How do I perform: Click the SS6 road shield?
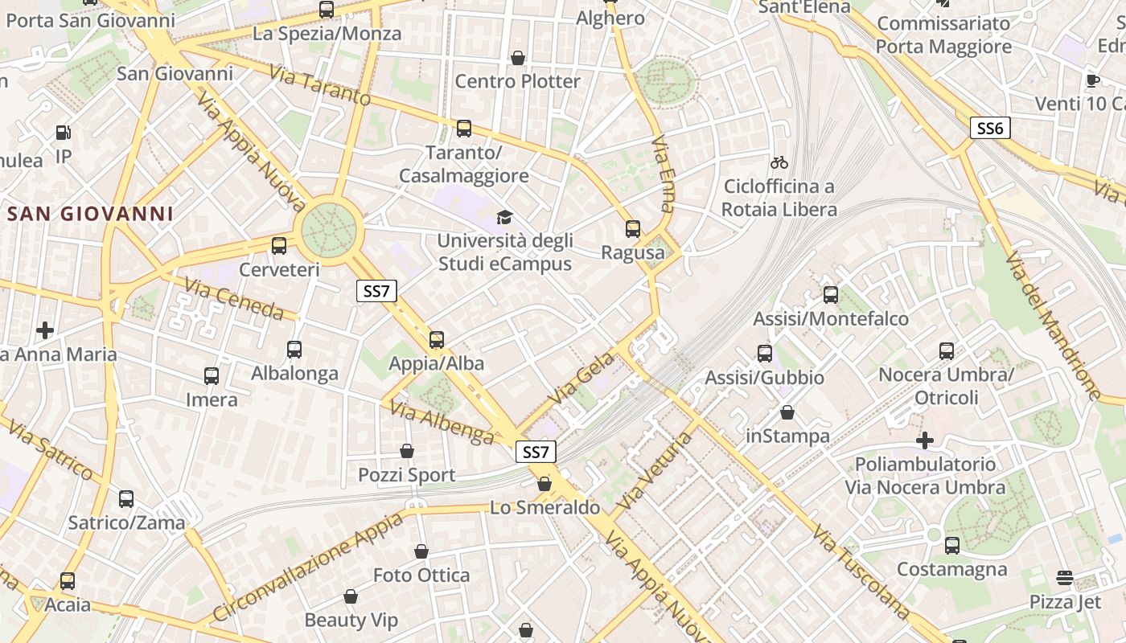[x=989, y=128]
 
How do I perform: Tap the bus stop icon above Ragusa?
[x=633, y=229]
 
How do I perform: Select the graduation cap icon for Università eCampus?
[x=504, y=217]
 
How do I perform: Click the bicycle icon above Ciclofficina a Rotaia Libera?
[x=779, y=162]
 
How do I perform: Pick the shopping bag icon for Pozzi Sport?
[x=407, y=452]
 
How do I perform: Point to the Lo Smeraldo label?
[x=545, y=507]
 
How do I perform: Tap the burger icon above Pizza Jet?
[x=1064, y=578]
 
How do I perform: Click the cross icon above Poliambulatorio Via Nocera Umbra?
[x=925, y=440]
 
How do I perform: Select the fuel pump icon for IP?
[x=63, y=133]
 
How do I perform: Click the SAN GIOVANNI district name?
[x=90, y=214]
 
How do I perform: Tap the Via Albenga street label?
[x=442, y=423]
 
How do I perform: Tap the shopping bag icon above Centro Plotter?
[x=518, y=58]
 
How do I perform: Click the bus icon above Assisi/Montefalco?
[x=831, y=295]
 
